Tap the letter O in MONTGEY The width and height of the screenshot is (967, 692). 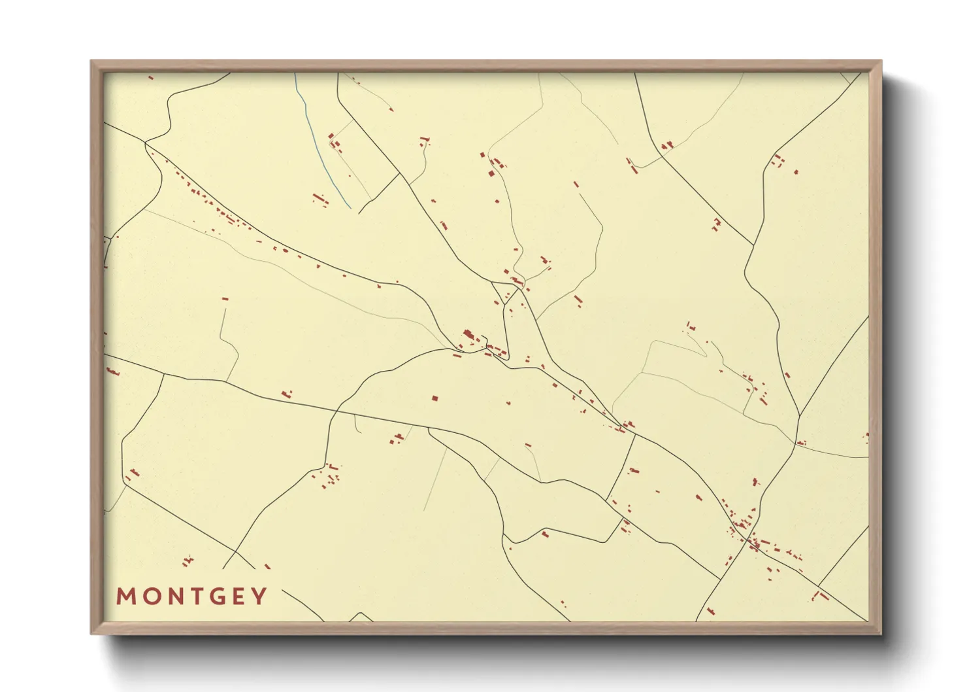click(x=148, y=597)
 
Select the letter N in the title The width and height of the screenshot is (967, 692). click(x=170, y=597)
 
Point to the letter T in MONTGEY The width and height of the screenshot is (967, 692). click(x=191, y=597)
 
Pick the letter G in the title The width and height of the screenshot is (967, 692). click(x=214, y=597)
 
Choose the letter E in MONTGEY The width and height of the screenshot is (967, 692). click(x=238, y=597)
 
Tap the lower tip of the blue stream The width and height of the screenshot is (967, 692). click(x=351, y=209)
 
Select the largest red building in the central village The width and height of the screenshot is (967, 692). click(x=468, y=336)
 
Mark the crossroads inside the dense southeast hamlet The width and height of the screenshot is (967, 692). click(x=749, y=540)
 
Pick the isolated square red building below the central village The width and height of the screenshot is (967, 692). click(x=434, y=398)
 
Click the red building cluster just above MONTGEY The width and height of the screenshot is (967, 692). click(x=188, y=561)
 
